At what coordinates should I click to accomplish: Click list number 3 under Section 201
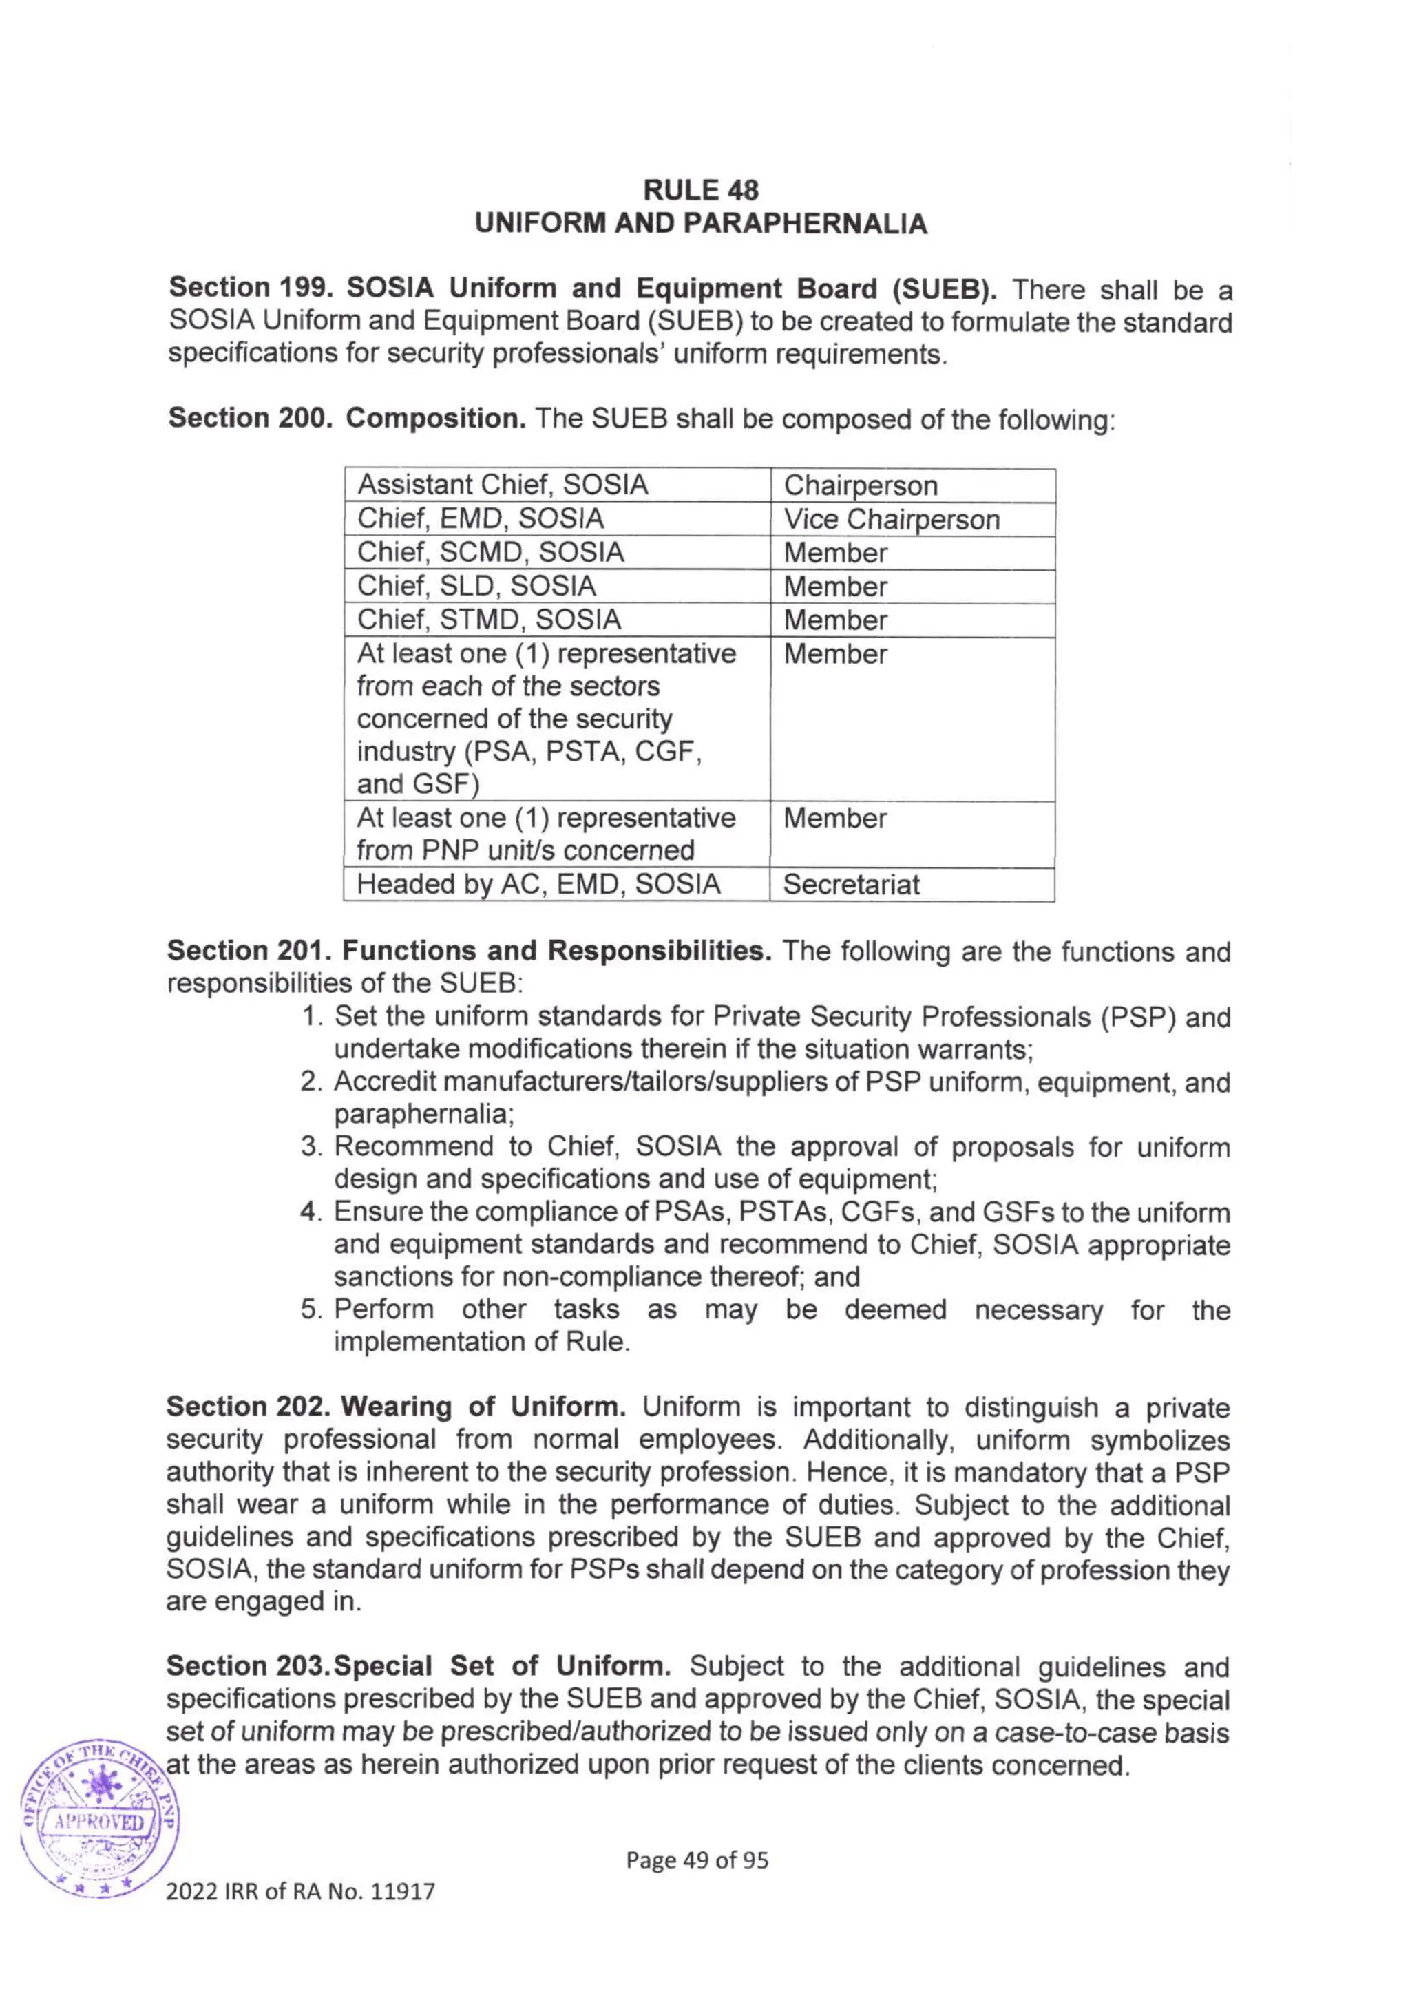(312, 1147)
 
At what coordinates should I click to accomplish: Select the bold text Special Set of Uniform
(502, 1666)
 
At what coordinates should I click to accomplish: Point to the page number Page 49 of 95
(697, 1860)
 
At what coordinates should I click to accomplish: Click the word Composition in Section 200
(436, 419)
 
